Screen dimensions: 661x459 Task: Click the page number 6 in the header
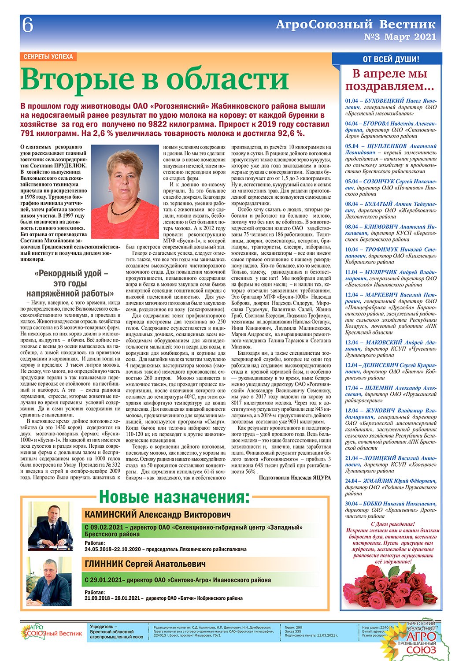[28, 26]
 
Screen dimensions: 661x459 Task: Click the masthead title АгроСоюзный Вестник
[355, 24]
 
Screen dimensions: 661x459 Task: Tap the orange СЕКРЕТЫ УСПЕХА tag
[48, 57]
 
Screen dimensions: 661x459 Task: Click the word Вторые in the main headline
[78, 79]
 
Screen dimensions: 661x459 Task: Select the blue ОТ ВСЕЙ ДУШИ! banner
[391, 59]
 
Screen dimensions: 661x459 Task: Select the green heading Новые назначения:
[174, 497]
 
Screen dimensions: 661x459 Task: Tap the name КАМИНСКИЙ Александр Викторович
[157, 515]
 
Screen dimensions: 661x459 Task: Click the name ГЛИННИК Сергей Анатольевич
[145, 564]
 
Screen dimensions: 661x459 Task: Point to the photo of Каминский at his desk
[50, 528]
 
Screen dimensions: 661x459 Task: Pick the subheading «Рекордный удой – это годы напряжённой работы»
[70, 283]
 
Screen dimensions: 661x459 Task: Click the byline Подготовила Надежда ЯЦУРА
[295, 478]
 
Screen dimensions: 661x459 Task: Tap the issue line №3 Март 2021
[400, 37]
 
